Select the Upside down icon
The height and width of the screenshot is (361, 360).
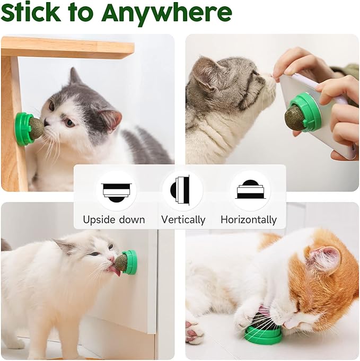[x=116, y=190]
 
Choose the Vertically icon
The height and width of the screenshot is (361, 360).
[x=182, y=190]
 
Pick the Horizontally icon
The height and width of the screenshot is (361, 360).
[x=250, y=190]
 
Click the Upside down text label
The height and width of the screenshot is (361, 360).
[x=113, y=219]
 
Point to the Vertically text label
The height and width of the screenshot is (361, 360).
[x=183, y=219]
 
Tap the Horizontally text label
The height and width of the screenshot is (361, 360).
[x=249, y=219]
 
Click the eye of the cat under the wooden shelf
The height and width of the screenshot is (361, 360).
[x=69, y=122]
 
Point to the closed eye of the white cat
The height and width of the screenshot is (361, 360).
[x=94, y=254]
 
